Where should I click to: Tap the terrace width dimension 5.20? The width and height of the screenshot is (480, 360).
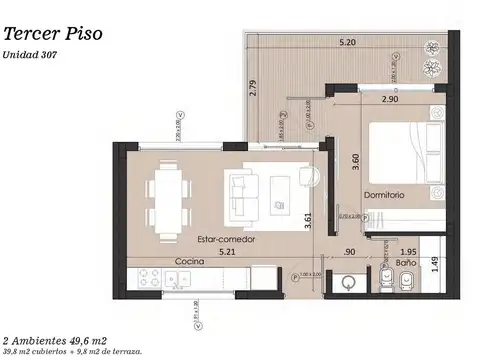click(347, 43)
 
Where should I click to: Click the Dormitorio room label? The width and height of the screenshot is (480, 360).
click(384, 195)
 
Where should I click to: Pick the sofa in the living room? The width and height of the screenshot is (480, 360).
click(243, 188)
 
